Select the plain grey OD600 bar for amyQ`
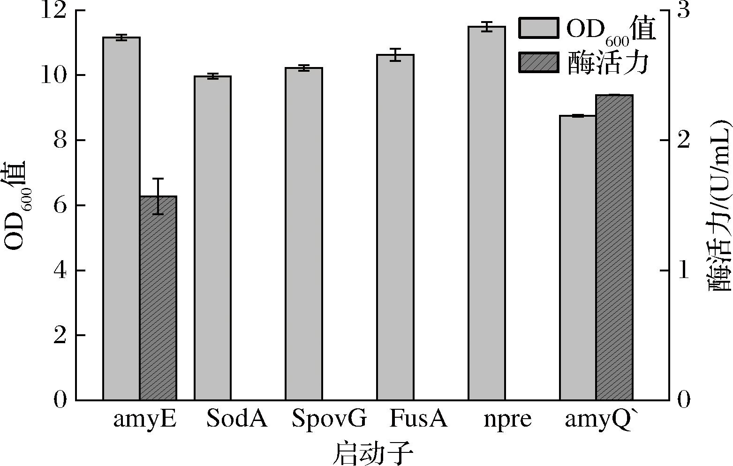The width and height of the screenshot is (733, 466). click(578, 257)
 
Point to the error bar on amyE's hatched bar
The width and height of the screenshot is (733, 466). click(158, 196)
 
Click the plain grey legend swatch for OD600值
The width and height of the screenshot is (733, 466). click(538, 28)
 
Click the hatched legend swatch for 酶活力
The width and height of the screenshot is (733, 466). click(538, 62)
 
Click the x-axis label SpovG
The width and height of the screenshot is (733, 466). click(328, 419)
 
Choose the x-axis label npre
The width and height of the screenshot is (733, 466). click(508, 419)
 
